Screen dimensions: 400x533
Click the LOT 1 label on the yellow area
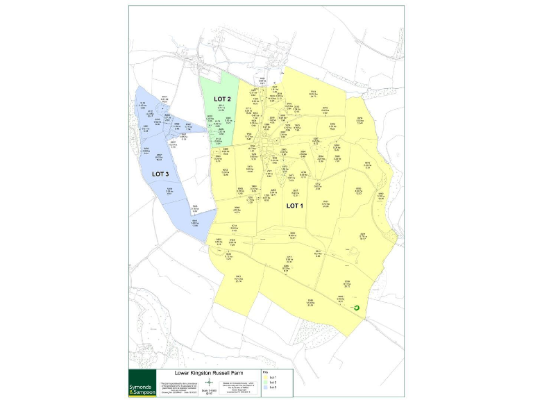click(x=294, y=206)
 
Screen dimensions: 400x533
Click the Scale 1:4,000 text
click(x=208, y=391)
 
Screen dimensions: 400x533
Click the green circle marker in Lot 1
click(x=356, y=307)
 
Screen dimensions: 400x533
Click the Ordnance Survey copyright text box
click(x=237, y=387)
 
